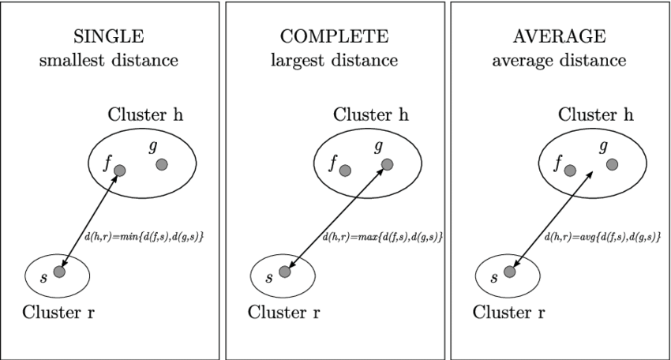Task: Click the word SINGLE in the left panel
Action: tap(109, 37)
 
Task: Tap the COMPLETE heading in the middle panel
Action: tap(334, 37)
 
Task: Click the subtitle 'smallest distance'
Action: tap(109, 60)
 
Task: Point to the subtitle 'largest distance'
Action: tap(334, 60)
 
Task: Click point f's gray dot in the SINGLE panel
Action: tap(119, 170)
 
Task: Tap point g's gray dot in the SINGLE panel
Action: tap(162, 164)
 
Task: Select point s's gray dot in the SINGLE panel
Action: tap(59, 272)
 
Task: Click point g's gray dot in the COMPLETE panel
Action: tap(387, 164)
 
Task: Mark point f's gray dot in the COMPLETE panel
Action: tap(344, 170)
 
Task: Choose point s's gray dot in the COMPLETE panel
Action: tap(284, 272)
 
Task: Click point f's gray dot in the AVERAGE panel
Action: tap(569, 170)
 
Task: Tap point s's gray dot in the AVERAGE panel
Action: tap(509, 272)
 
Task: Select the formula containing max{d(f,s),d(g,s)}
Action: tap(382, 237)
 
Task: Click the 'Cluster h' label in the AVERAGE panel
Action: tap(596, 115)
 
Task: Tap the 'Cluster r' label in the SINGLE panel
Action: tap(59, 311)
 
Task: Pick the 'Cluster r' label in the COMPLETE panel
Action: tap(284, 311)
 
